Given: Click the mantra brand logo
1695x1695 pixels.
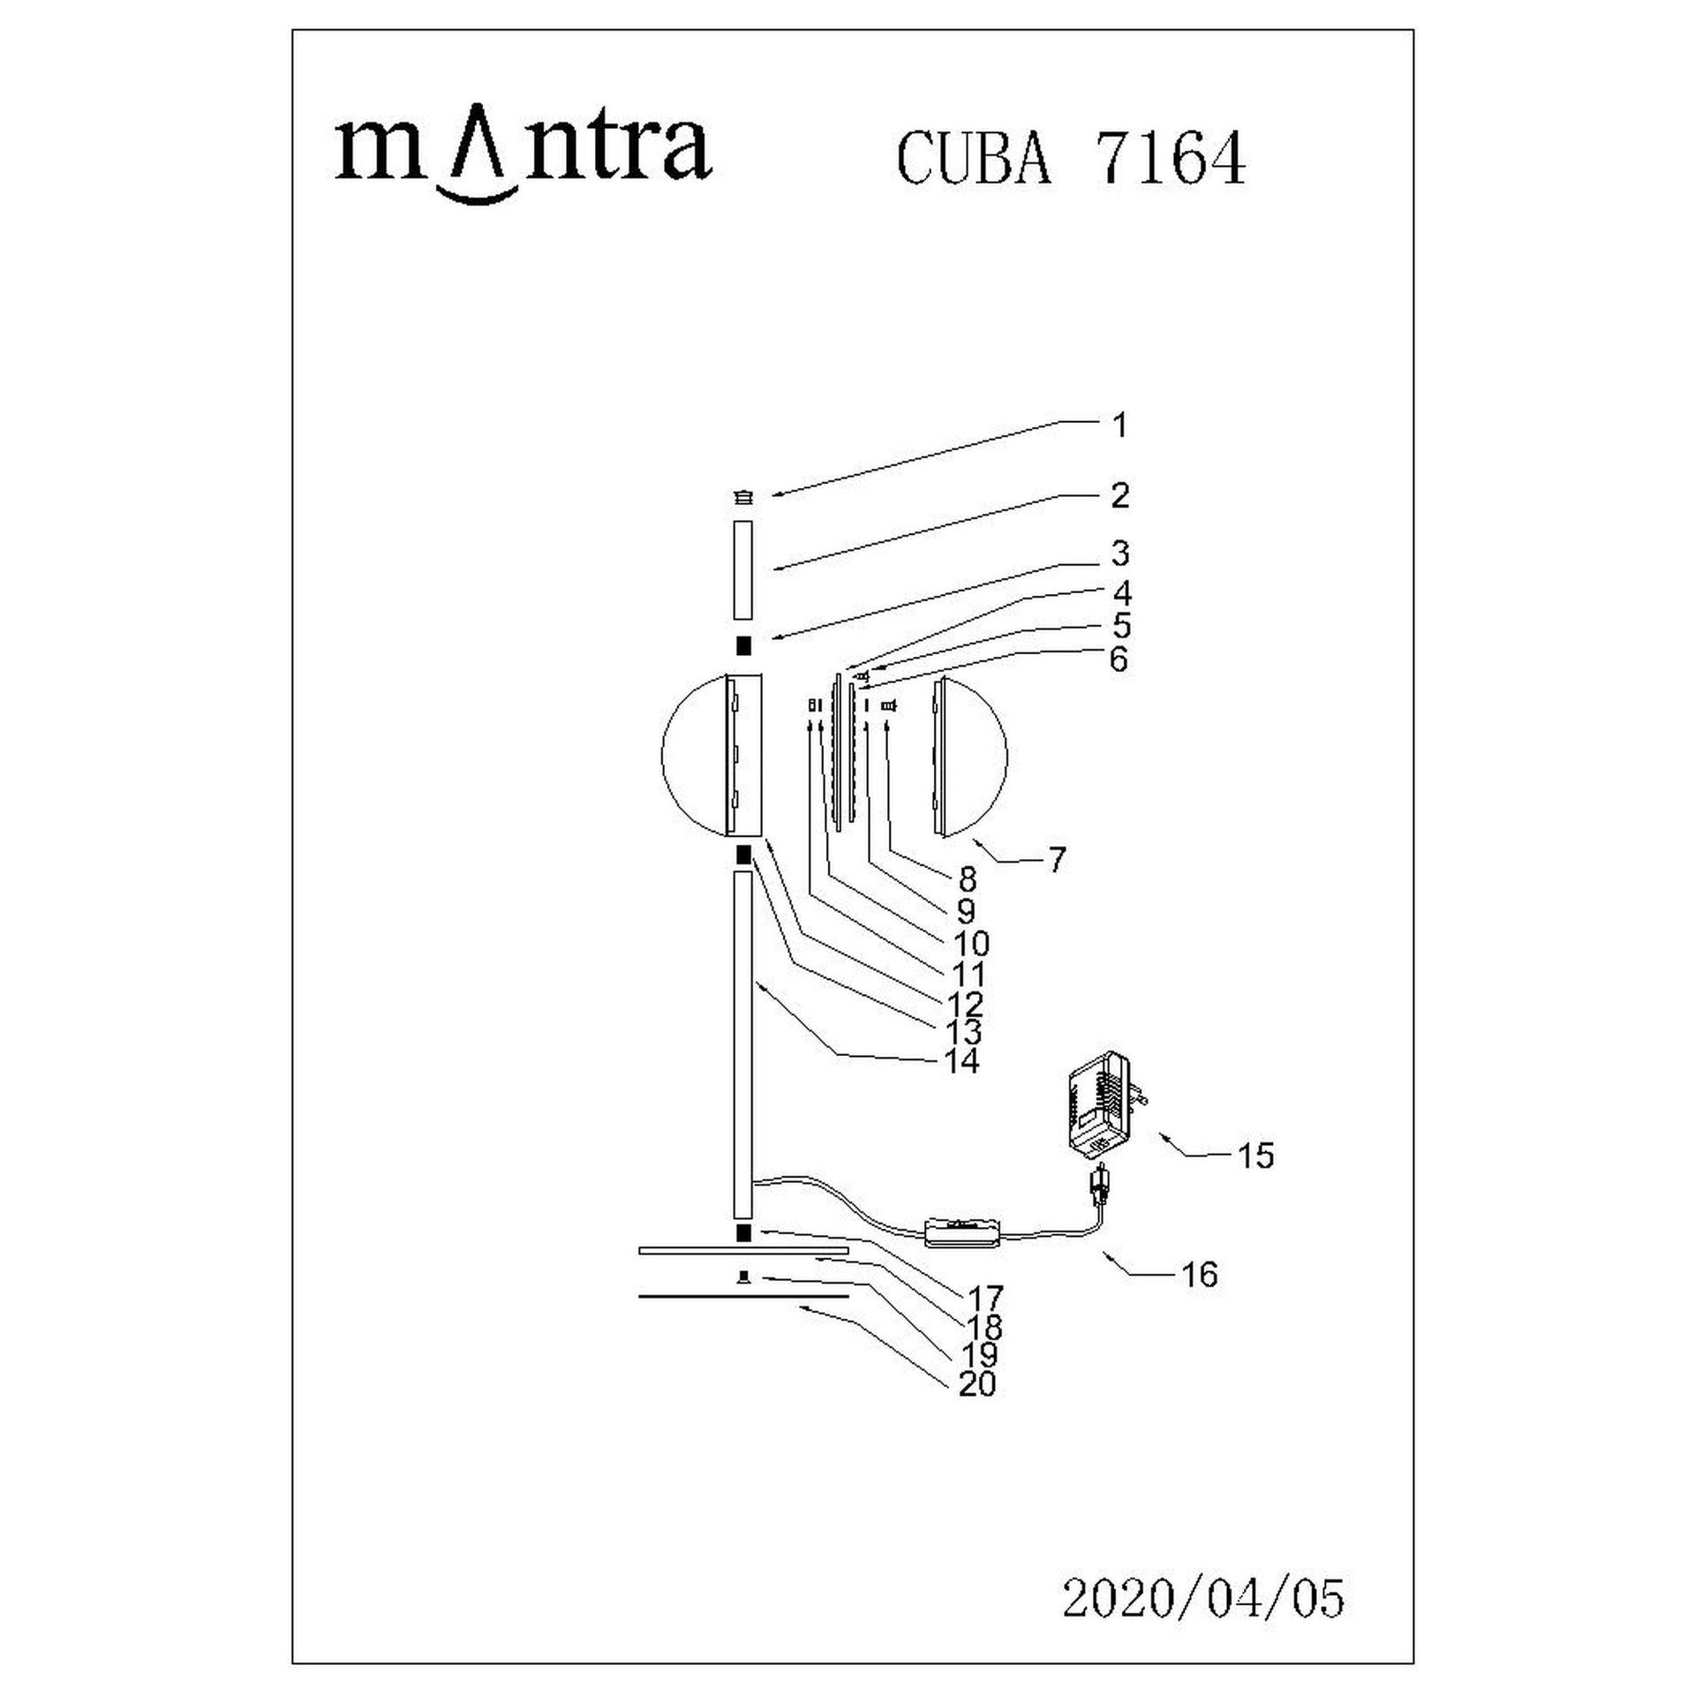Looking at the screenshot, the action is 524,155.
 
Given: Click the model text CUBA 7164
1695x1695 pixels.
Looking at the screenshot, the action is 1071,159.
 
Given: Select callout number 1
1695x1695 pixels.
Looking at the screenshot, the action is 1119,426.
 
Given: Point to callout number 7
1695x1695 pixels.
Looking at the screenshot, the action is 1057,859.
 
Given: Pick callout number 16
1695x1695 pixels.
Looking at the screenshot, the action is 1200,1275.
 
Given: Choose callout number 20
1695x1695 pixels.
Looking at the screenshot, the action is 977,1383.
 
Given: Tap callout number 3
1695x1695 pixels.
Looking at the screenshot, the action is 1119,554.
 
